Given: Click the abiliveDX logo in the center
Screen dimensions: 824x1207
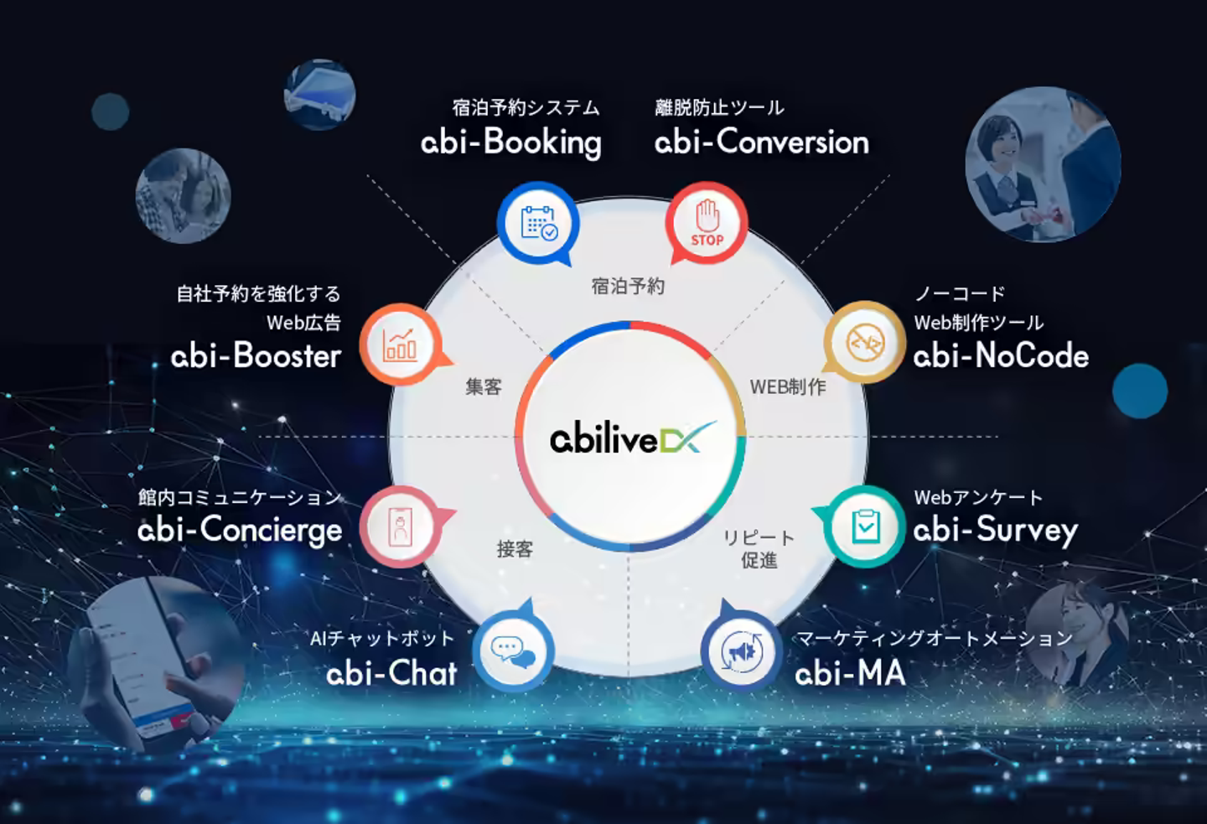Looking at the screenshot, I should (630, 438).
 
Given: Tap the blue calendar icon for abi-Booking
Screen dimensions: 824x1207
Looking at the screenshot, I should (538, 222).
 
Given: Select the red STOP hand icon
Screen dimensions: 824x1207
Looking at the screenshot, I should (707, 224).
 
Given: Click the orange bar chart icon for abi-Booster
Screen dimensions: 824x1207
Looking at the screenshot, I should (401, 344).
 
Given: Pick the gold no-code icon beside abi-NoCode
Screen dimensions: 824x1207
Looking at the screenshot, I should (864, 342).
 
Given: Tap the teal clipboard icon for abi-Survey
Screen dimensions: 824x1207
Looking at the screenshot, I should (864, 526).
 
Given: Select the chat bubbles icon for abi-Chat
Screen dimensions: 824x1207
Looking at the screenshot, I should (513, 651).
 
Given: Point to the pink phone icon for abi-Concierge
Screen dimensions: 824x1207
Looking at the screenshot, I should (401, 527).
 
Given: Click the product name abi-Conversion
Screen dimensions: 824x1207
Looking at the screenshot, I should (761, 142).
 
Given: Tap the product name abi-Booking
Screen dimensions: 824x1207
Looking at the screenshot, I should (511, 142).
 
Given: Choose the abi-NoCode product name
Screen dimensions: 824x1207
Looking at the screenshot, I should (1001, 356).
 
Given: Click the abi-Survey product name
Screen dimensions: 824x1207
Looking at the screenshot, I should (995, 530).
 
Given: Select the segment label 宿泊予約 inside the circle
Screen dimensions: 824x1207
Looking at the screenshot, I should (628, 286).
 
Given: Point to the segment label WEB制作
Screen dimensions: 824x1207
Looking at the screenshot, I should (787, 386).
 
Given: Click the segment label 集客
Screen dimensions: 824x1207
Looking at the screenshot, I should (484, 386).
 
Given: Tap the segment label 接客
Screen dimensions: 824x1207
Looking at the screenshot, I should (515, 549).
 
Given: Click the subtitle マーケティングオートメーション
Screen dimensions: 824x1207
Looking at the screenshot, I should (934, 639).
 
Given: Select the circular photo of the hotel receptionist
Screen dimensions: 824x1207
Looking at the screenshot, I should (1043, 164).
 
